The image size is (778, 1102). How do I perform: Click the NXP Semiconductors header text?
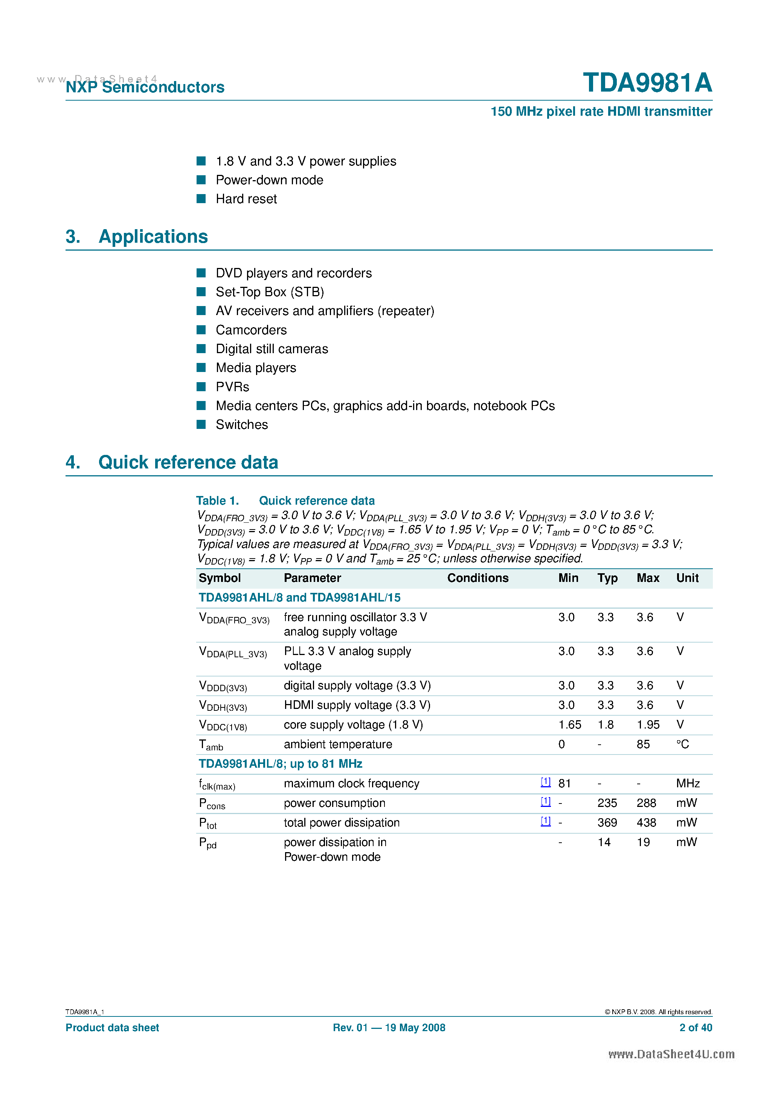[x=145, y=87]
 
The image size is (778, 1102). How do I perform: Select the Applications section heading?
[x=153, y=237]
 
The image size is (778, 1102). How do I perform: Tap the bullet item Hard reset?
[x=246, y=199]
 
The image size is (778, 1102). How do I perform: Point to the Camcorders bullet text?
[x=251, y=330]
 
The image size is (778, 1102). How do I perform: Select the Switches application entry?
[x=242, y=424]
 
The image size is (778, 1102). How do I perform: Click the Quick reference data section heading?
[x=188, y=462]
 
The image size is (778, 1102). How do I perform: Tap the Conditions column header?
[x=478, y=578]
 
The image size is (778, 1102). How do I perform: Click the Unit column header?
[x=687, y=578]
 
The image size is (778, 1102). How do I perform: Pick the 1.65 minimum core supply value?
[x=569, y=724]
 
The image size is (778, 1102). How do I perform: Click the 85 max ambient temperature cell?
[x=643, y=744]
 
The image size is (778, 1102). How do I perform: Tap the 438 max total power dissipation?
[x=646, y=823]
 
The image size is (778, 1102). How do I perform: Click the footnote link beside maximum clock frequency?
[x=545, y=782]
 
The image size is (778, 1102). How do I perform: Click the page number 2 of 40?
[x=696, y=1027]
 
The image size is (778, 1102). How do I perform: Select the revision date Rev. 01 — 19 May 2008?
[x=389, y=1027]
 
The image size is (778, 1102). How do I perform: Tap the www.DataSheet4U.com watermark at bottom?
[x=671, y=1054]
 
